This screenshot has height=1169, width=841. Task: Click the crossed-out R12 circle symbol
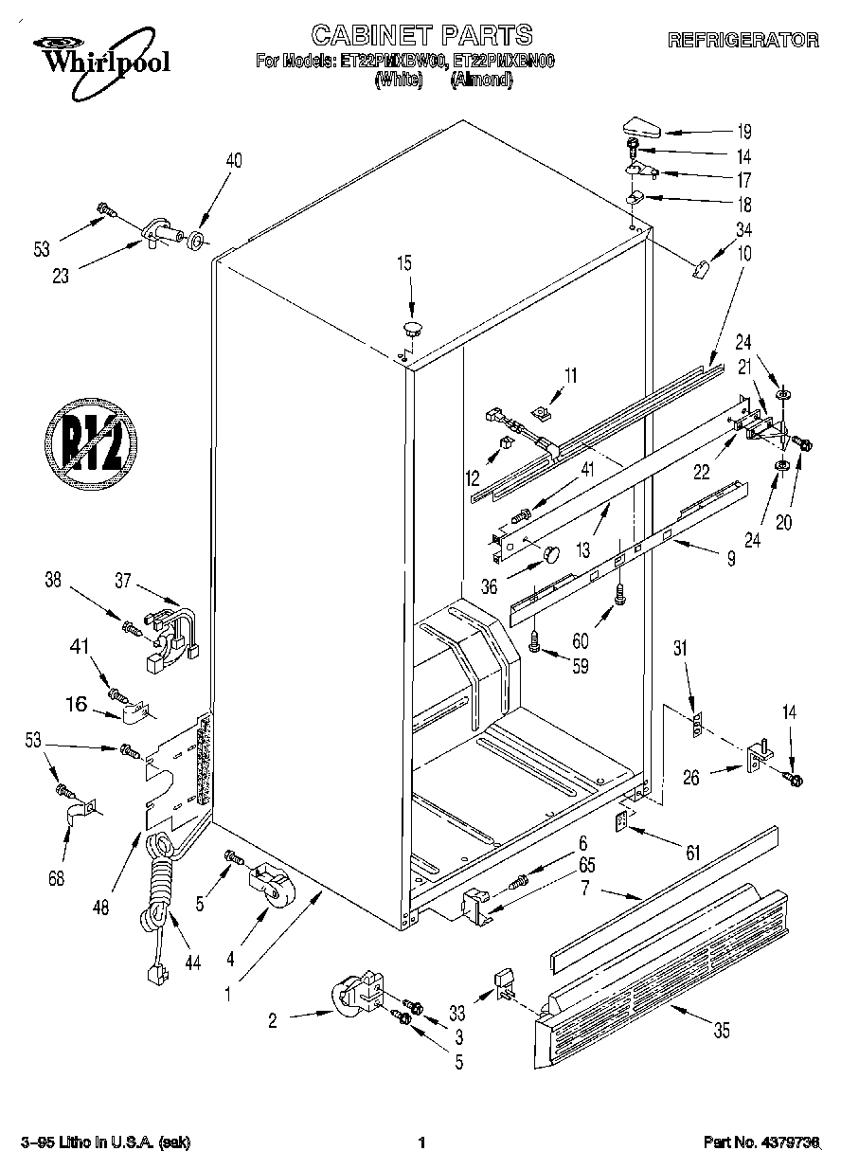91,441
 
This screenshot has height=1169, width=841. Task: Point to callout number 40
233,160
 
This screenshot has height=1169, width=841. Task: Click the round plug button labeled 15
412,329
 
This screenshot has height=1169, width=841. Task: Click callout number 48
101,906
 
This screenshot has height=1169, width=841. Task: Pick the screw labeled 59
535,642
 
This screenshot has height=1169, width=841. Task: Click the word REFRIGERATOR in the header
743,40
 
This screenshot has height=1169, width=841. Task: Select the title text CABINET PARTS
422,36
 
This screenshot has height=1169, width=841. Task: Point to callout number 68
57,878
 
